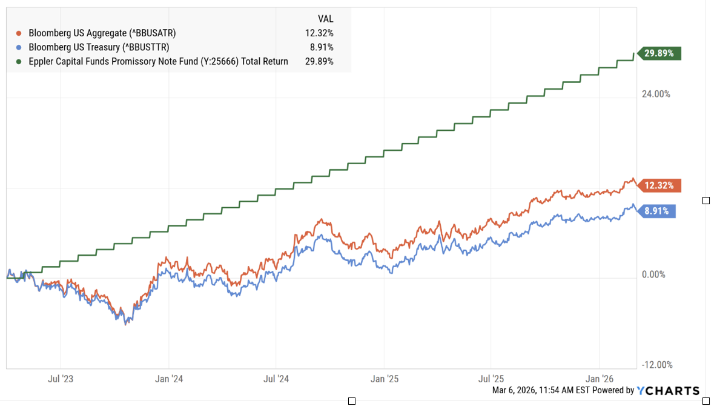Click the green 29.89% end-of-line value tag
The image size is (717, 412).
(x=659, y=54)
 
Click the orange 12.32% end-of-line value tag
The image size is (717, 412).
(x=659, y=185)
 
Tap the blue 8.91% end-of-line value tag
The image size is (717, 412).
(x=656, y=211)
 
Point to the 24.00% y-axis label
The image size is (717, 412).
(x=656, y=94)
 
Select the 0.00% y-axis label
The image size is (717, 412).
(x=653, y=274)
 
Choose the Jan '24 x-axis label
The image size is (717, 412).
(x=170, y=379)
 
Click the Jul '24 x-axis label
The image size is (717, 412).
(x=277, y=379)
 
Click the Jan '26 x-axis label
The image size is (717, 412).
(x=600, y=379)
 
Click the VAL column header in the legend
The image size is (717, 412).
(x=325, y=19)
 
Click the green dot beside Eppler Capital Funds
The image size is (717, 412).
(x=19, y=61)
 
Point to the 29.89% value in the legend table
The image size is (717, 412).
(x=319, y=61)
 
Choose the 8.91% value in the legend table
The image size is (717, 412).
(x=322, y=47)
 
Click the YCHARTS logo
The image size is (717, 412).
(x=668, y=391)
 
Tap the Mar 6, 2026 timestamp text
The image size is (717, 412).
(x=542, y=391)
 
